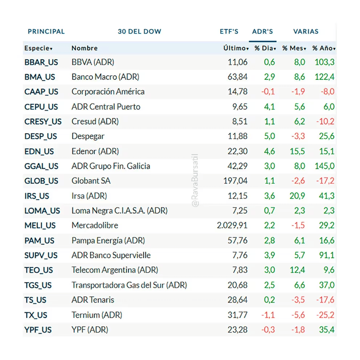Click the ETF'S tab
tap(229, 32)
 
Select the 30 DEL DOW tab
tap(139, 32)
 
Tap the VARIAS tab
tap(306, 32)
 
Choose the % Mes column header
tap(294, 48)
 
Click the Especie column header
tap(38, 48)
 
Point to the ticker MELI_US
tap(40, 226)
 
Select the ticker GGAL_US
tap(41, 166)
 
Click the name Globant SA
tap(91, 181)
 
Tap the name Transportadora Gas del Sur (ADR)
tap(129, 285)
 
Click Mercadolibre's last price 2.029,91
tap(232, 226)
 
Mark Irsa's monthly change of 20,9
tap(298, 196)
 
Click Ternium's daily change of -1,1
tap(268, 315)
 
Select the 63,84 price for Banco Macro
tap(238, 77)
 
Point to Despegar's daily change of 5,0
tap(270, 136)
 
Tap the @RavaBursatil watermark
tap(196, 181)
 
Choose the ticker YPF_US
tap(38, 330)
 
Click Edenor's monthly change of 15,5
tap(298, 151)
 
